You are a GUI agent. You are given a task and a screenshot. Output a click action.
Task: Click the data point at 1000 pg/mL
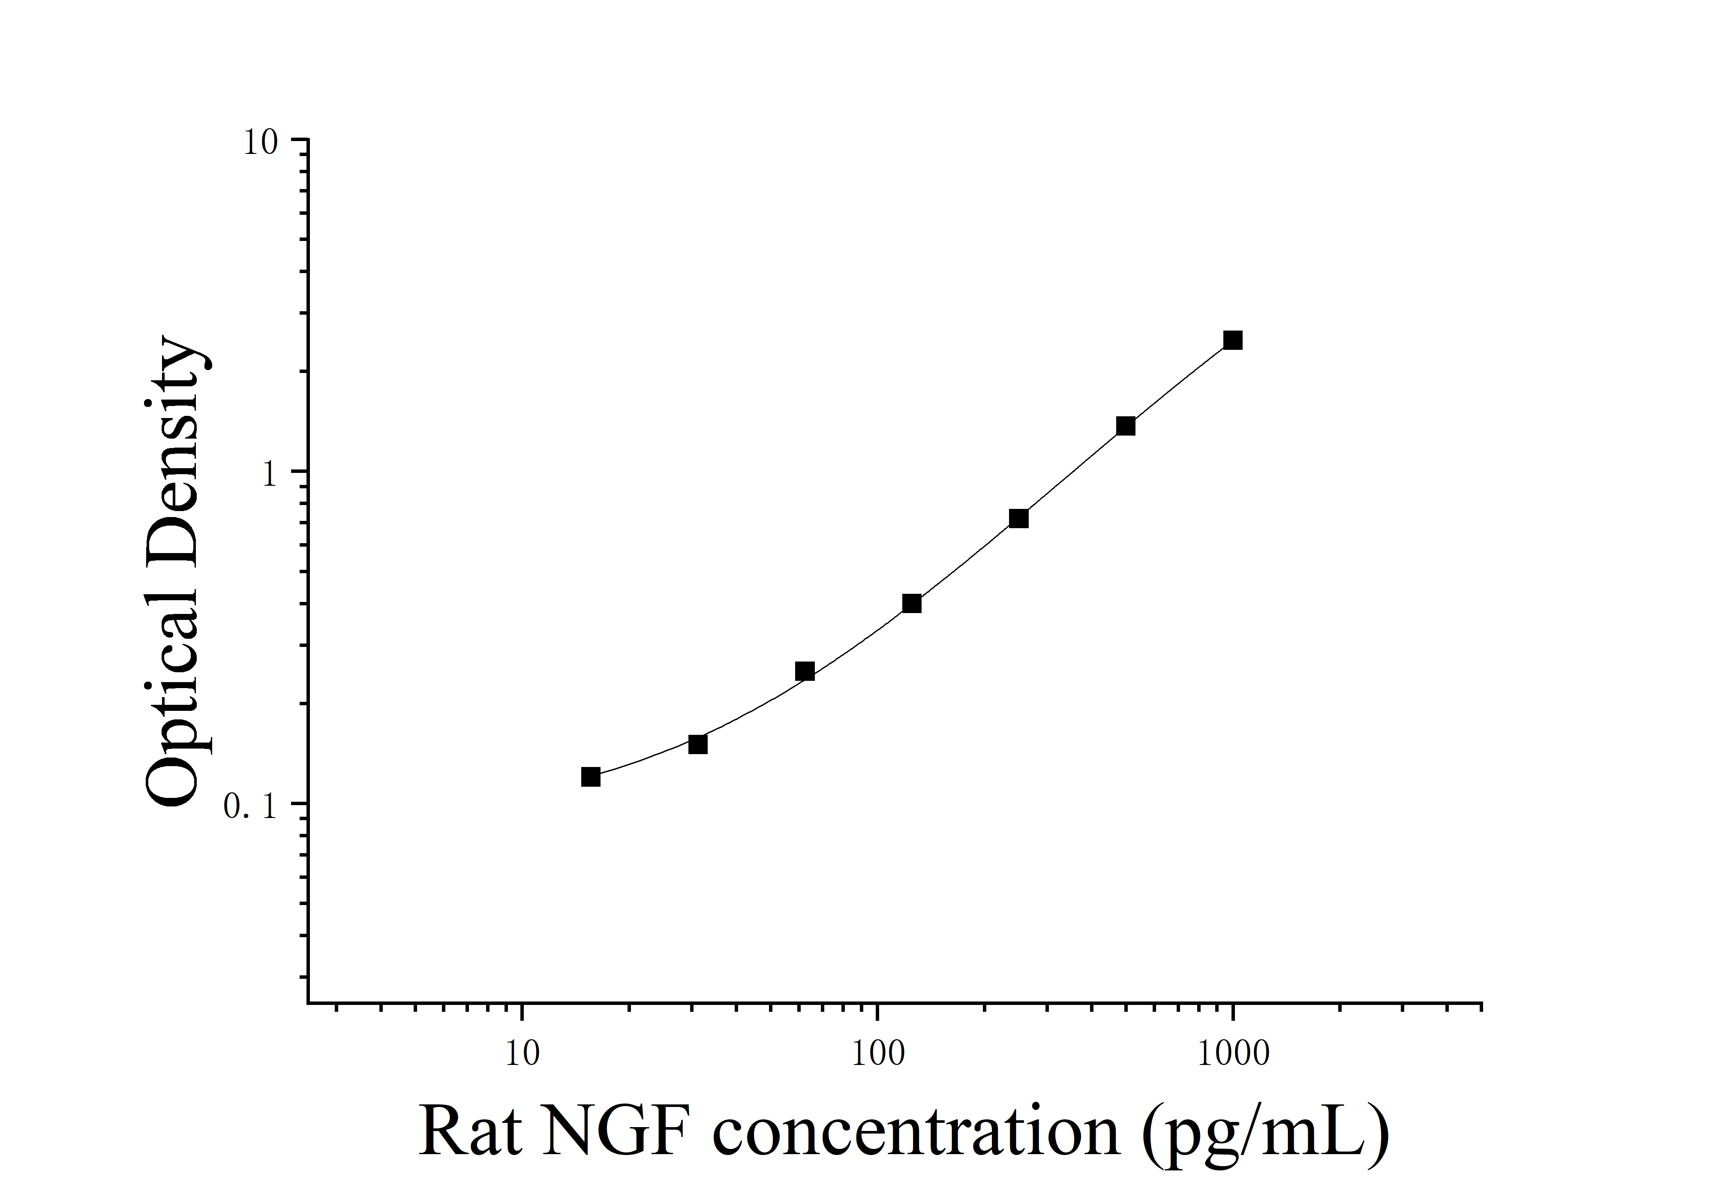1232,341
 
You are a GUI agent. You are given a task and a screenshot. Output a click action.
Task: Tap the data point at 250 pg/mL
1018,519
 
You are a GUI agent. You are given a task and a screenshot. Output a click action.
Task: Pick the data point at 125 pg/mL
911,603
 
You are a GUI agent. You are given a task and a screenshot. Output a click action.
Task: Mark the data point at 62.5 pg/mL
804,671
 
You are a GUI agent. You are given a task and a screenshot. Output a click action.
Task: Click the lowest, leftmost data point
591,777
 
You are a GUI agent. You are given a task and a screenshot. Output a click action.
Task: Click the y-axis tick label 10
260,142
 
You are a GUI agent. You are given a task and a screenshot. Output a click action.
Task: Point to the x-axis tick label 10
522,1054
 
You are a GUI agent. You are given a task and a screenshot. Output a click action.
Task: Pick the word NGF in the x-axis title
615,1131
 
